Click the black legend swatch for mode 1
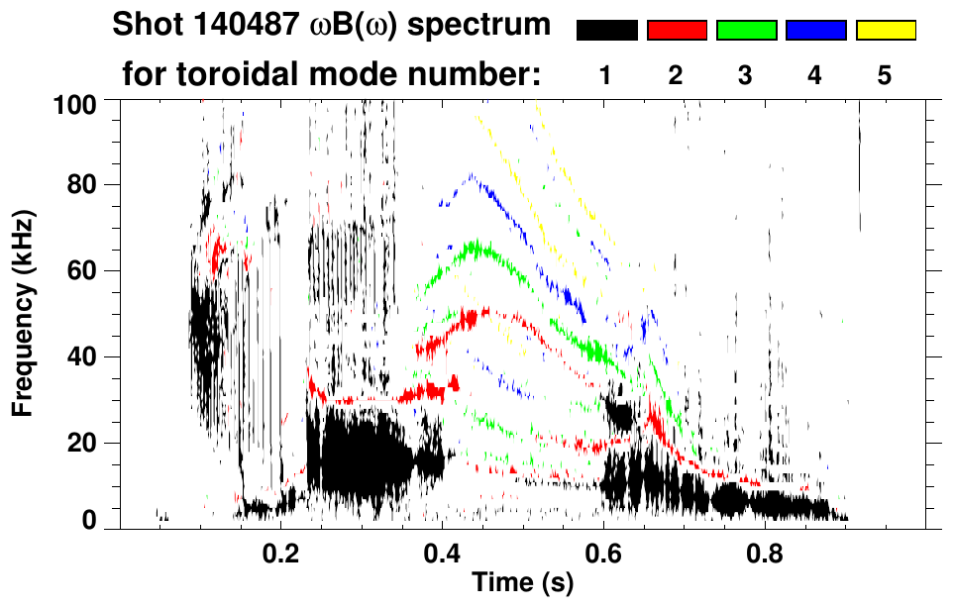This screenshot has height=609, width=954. click(x=606, y=31)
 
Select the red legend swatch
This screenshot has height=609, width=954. click(x=677, y=31)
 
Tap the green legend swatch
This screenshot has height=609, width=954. click(x=746, y=31)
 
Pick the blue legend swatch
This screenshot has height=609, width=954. click(x=815, y=31)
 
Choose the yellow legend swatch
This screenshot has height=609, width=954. click(x=885, y=31)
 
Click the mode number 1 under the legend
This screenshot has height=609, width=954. click(x=604, y=75)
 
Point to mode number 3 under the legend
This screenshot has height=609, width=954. click(x=745, y=75)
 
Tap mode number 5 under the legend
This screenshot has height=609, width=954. click(x=884, y=75)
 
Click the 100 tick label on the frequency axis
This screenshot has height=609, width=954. click(x=74, y=104)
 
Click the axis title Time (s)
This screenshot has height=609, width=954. click(x=522, y=584)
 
